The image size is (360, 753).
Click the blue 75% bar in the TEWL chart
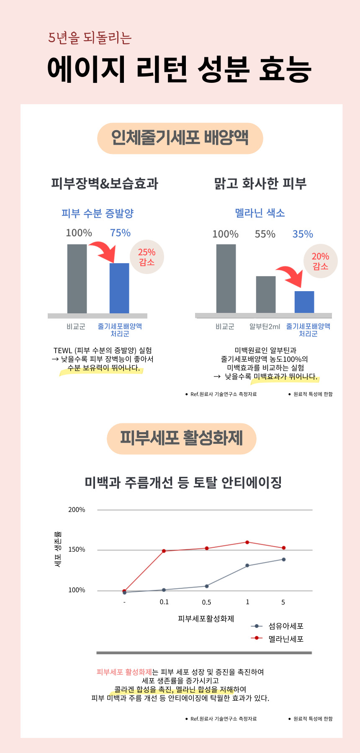coord(119,288)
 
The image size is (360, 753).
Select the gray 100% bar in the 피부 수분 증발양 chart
coord(77,279)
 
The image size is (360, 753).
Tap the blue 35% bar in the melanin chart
coord(304,302)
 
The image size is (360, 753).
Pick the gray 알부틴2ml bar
coord(266,294)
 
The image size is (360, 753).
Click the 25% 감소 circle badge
coord(147,257)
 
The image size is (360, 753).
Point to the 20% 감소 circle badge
coord(320,261)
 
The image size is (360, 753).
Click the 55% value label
coord(265,234)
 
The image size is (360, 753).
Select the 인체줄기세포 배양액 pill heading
coord(180,138)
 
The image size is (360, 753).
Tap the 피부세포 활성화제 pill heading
coord(181,438)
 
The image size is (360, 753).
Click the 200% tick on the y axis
coord(77,510)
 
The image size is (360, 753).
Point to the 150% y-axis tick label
coord(77,550)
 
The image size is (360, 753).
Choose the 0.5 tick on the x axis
coord(206,602)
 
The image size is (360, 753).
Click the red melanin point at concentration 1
coord(247,542)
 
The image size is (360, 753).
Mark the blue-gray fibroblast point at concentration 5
coord(283,559)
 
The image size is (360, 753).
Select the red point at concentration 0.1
coord(164,551)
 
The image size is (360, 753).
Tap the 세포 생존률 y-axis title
coord(58,549)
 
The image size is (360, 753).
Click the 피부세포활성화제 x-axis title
coord(206,619)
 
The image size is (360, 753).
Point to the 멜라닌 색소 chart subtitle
coord(260,213)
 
